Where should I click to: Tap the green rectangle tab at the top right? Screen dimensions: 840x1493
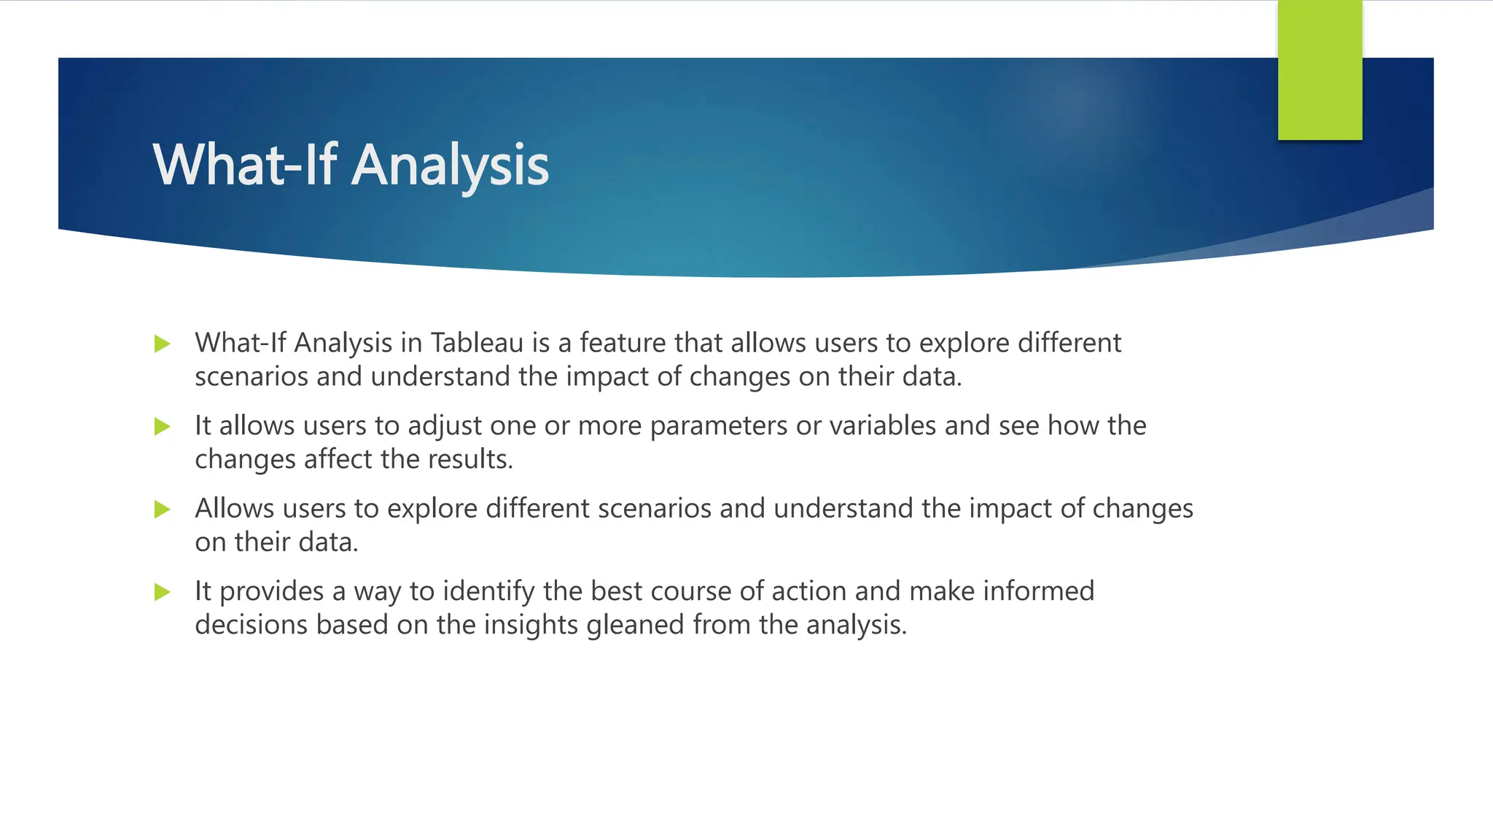1319,70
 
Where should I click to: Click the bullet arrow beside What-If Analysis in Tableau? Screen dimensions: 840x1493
163,344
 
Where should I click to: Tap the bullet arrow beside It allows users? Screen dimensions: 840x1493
163,427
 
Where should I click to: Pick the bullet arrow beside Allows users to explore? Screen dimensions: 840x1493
163,510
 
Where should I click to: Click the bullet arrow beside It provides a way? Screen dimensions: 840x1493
163,592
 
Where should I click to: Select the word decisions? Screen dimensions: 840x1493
251,625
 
